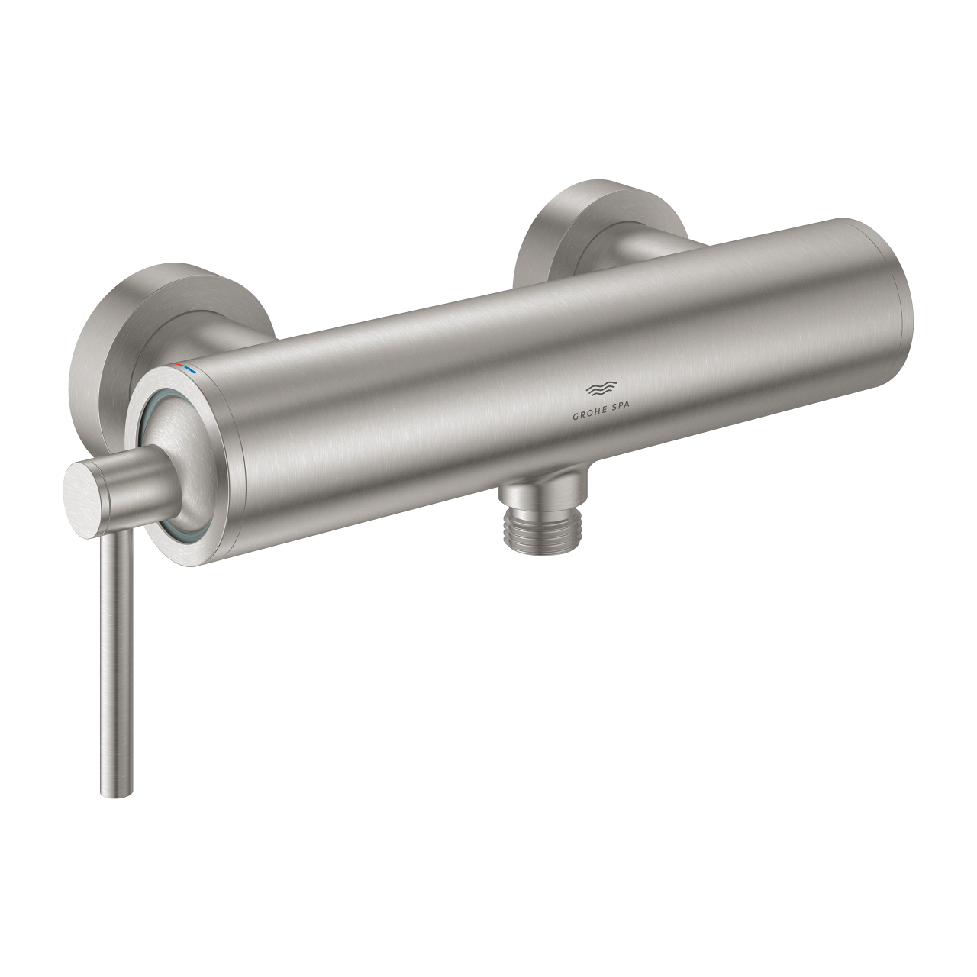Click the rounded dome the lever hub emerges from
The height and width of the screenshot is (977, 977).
tap(187, 450)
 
